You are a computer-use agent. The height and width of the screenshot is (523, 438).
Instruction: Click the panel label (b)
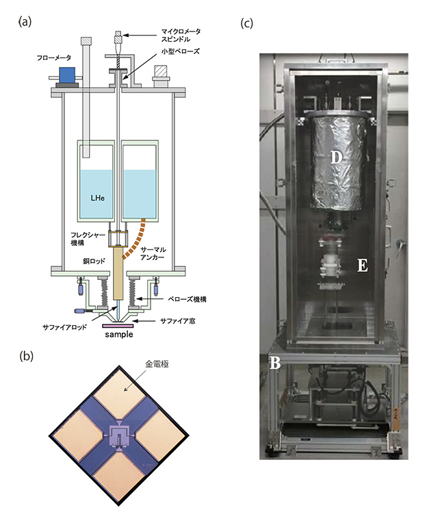pos(26,357)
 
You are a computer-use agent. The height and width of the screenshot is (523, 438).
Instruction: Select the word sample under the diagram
pos(118,335)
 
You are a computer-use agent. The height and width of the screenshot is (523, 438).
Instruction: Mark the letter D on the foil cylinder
pos(336,157)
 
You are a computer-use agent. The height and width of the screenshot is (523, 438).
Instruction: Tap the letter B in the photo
pos(274,363)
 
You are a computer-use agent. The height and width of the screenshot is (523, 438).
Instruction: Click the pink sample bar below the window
pos(118,327)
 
